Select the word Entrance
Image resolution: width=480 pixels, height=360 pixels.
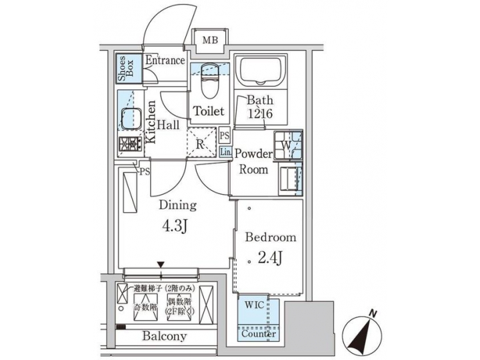click(165, 61)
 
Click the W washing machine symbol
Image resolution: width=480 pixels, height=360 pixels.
click(285, 145)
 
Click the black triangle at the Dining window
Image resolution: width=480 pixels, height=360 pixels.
click(161, 265)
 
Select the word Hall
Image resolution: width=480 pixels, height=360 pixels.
click(169, 125)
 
